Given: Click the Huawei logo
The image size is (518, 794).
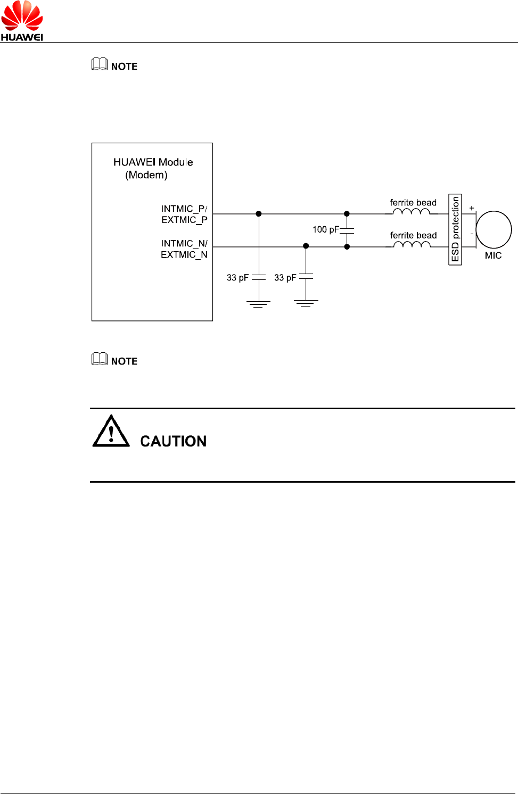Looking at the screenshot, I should click(22, 21).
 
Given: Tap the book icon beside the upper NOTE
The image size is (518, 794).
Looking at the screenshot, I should click(100, 64).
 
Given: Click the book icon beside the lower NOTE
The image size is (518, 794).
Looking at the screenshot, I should click(100, 359).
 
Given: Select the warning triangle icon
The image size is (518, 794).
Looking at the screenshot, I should click(111, 432).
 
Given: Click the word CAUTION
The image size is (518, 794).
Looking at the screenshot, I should click(173, 441).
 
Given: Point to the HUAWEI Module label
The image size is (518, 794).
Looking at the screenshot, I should click(153, 162).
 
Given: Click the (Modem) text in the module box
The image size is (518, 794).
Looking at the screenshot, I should click(146, 175).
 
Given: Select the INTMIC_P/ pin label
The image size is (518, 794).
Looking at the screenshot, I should click(184, 209).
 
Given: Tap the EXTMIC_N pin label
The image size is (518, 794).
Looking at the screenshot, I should click(184, 255).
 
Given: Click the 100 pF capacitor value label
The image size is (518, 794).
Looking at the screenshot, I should click(325, 229).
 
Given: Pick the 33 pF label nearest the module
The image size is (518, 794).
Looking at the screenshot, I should click(237, 278).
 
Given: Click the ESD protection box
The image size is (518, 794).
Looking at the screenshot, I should click(455, 229).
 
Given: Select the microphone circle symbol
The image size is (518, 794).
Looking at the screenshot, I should click(494, 229).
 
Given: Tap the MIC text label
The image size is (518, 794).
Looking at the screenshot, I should click(493, 255).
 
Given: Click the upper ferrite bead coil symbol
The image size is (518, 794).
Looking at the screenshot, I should click(411, 212).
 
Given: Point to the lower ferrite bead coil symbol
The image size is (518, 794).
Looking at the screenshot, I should click(411, 245).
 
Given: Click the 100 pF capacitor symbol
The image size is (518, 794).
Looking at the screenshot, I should click(347, 230).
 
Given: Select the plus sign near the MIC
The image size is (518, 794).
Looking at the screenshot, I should click(472, 208).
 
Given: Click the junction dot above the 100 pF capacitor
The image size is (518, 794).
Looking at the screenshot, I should click(347, 214).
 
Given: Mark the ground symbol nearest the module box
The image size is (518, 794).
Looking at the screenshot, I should click(258, 304).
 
